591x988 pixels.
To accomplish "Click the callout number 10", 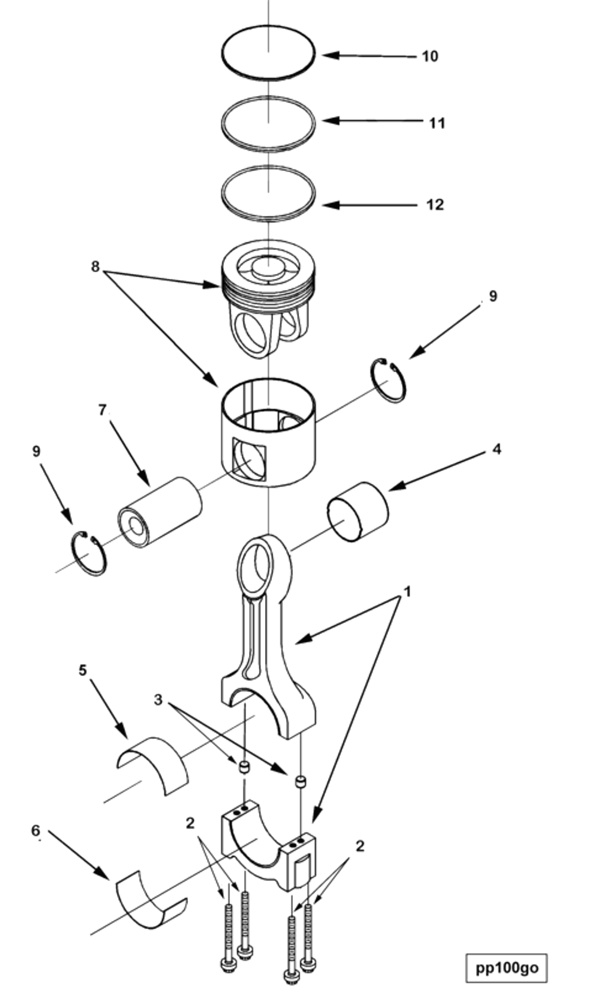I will (x=430, y=57).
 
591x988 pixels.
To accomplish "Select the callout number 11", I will (x=437, y=123).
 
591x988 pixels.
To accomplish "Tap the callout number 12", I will (x=434, y=205).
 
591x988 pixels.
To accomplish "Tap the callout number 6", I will (x=36, y=831).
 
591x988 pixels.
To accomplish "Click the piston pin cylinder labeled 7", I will (x=159, y=512).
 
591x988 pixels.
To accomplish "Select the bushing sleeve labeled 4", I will (x=358, y=511).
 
